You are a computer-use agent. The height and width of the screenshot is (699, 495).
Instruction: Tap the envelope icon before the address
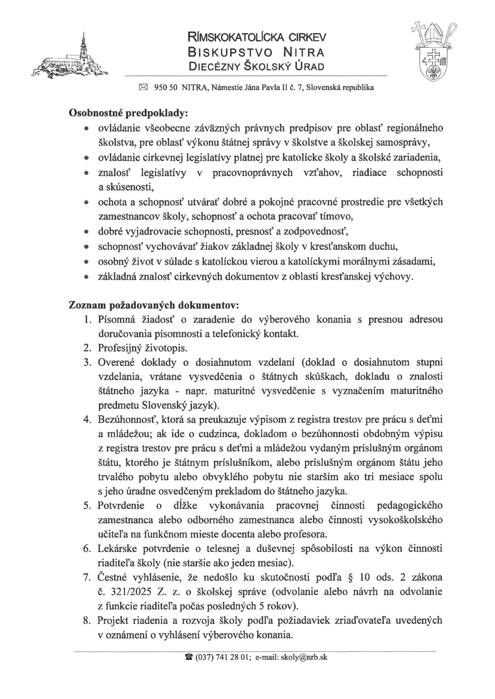(143, 88)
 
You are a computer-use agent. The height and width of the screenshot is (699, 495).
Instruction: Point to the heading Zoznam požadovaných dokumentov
(153, 305)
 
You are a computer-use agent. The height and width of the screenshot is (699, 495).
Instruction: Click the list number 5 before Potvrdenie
(87, 505)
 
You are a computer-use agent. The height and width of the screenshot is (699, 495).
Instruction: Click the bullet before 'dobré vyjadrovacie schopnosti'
(86, 232)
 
